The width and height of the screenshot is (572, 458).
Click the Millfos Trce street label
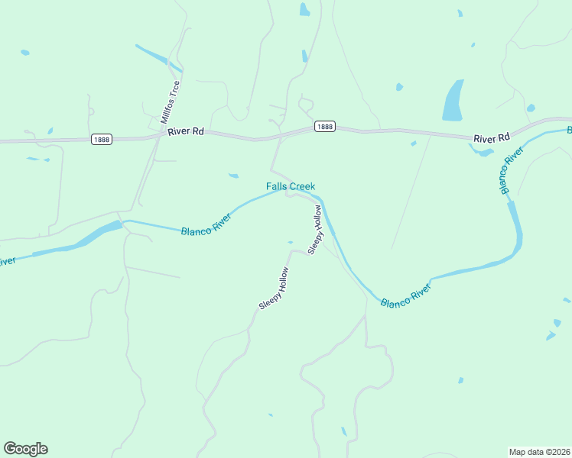click(x=171, y=102)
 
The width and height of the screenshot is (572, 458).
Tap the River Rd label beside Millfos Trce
click(x=187, y=131)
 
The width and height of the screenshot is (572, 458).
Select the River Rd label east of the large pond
click(x=491, y=138)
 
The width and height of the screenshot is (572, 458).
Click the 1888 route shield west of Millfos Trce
click(x=101, y=139)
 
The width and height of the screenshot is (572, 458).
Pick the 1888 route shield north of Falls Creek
click(x=324, y=127)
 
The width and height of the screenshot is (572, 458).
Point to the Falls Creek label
click(x=291, y=186)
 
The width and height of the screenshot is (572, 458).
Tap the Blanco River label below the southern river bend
click(x=405, y=294)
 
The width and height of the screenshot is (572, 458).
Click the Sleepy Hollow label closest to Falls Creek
click(x=315, y=229)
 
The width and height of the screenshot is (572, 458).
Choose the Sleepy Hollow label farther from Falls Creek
click(x=273, y=288)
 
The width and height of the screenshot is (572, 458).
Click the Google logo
click(x=25, y=449)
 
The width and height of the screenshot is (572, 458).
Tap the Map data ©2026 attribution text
click(x=540, y=451)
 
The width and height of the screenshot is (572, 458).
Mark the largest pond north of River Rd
click(x=453, y=101)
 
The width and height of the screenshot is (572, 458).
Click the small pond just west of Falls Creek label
click(x=233, y=176)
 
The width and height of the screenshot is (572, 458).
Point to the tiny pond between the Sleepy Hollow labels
click(x=290, y=243)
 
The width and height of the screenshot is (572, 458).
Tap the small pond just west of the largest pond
click(x=399, y=87)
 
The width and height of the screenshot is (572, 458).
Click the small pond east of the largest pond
click(x=531, y=108)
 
